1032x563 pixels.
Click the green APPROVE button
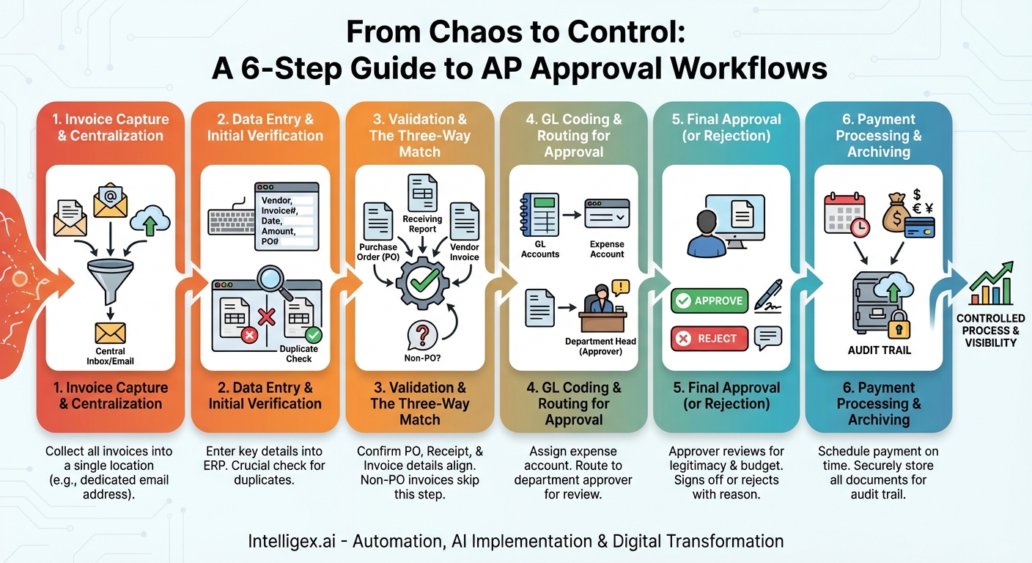(709, 301)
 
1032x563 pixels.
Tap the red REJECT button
(709, 339)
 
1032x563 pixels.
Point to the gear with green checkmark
(422, 284)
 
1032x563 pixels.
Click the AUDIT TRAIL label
(879, 350)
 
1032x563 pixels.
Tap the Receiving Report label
(422, 224)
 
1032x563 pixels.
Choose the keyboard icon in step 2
(232, 222)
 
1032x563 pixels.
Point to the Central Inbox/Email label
(110, 356)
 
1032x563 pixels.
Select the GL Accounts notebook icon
(539, 215)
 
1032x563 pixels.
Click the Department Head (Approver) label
(600, 347)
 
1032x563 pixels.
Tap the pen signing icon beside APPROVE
(768, 297)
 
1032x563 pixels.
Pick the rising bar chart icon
(991, 284)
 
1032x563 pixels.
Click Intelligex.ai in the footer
(292, 541)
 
